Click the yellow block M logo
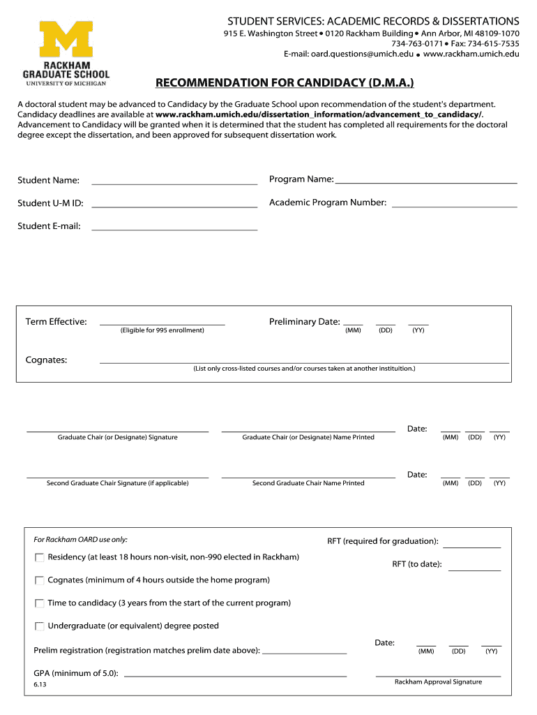66,38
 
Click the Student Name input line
174,184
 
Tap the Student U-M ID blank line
174,207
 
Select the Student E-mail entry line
174,230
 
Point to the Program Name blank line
426,182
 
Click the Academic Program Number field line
454,207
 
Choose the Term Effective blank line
162,325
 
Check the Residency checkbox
40,558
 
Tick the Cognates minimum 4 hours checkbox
40,581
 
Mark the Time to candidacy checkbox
40,604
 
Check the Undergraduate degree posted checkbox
40,627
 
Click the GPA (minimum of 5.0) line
235,676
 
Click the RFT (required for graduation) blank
471,547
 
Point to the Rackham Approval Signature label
438,682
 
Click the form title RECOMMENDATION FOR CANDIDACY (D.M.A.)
284,83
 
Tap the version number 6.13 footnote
40,685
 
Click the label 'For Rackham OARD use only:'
80,540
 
